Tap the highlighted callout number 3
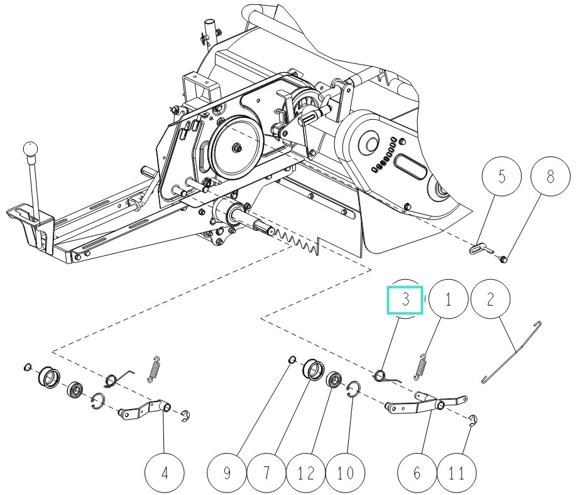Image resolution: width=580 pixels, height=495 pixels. pos(406,299)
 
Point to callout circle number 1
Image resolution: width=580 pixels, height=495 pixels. pos(448,299)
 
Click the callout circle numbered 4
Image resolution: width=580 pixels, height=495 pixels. pos(165,472)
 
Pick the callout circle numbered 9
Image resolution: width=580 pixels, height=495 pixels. pos(227,472)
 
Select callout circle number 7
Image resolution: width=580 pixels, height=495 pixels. pos(266,472)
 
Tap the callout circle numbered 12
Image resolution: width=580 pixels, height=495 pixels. pos(306,472)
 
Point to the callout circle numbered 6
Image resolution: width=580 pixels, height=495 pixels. pos(417,472)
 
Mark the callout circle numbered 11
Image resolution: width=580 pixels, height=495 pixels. pos(458,472)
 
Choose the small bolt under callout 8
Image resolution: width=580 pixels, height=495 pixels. pos(504,257)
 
